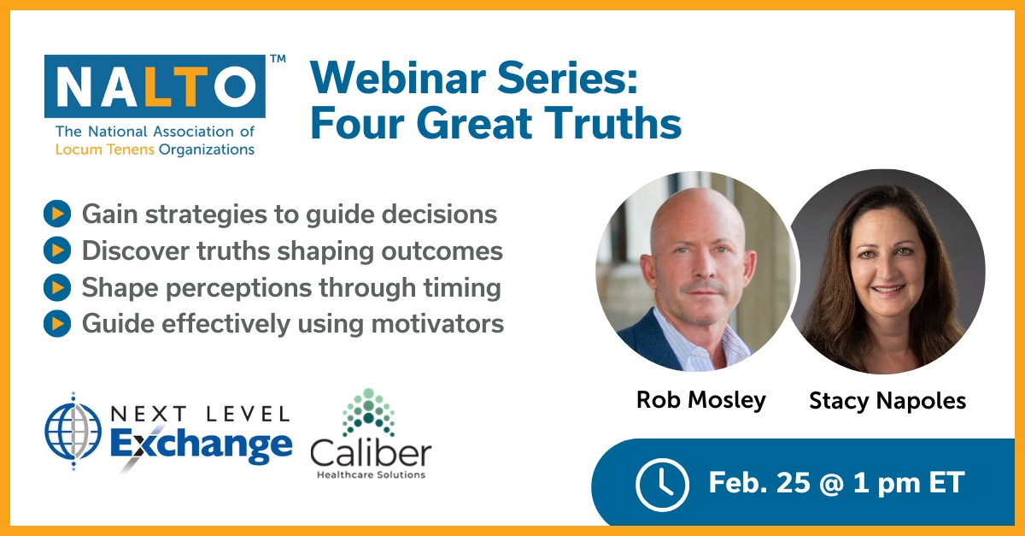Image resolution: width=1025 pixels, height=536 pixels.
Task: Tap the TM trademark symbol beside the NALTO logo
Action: [x=278, y=59]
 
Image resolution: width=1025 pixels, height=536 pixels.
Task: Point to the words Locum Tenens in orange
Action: [x=105, y=150]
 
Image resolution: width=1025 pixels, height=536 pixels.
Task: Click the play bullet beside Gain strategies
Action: [x=57, y=214]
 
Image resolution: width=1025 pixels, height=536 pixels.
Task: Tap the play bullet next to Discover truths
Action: [x=57, y=250]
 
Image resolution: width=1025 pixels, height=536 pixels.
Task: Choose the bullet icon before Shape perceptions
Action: [x=57, y=287]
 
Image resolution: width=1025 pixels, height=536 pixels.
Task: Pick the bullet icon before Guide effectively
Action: [x=57, y=323]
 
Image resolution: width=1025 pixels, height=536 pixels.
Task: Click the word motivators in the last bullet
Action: [x=437, y=324]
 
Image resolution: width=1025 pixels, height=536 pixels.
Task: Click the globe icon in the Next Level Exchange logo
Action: [x=73, y=432]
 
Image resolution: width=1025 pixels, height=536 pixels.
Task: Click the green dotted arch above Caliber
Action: [x=369, y=412]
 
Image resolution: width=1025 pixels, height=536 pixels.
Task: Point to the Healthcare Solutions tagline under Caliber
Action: [x=371, y=474]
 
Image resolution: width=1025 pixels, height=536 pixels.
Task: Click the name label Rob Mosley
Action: [x=701, y=400]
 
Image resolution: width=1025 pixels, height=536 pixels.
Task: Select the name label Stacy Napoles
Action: [x=887, y=401]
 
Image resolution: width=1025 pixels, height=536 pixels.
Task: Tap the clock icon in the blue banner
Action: [x=662, y=484]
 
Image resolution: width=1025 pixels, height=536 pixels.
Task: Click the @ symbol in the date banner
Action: [x=832, y=483]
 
